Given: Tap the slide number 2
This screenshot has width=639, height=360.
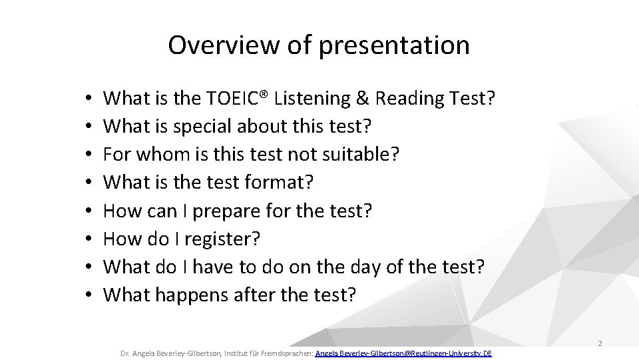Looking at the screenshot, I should (600, 344).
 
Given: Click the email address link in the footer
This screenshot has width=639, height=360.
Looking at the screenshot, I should (403, 352).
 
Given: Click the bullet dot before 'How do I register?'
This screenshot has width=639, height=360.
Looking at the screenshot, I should (89, 239).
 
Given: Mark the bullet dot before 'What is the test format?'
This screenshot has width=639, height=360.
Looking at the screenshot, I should (89, 183).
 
